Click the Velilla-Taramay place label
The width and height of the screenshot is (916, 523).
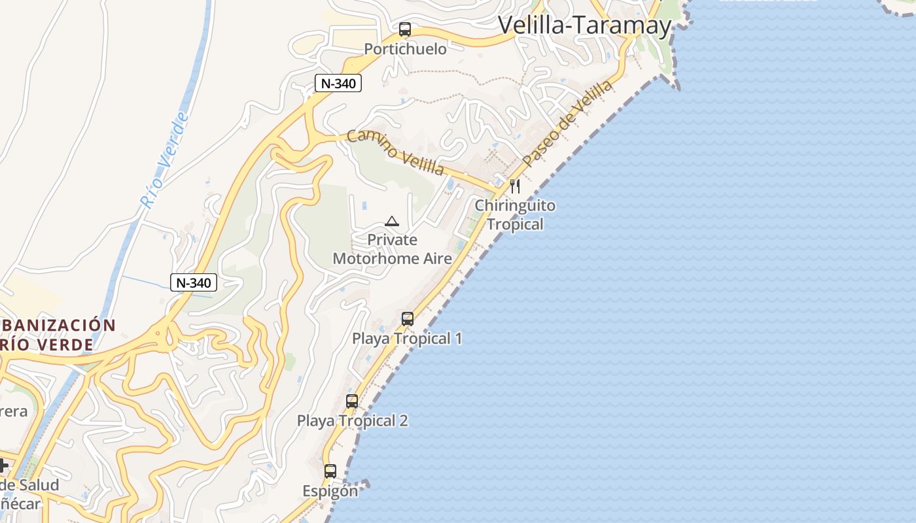[x=585, y=25]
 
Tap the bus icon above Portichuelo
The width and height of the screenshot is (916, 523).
[x=405, y=29]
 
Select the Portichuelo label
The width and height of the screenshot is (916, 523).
[x=405, y=49]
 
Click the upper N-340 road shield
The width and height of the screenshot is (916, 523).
[x=338, y=83]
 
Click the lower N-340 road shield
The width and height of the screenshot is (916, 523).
[x=193, y=282]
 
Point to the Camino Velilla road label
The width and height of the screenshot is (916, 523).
[x=395, y=152]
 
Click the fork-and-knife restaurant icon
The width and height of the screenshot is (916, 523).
[x=516, y=186]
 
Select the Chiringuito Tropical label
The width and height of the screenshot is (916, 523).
[x=515, y=214]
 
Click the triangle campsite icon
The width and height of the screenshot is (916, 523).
[x=392, y=221]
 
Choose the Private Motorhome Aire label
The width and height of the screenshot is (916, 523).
[x=392, y=249]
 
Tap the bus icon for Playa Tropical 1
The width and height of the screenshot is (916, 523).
[x=408, y=319]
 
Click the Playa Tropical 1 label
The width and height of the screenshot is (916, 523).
[x=407, y=339]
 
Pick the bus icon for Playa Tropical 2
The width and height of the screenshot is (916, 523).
[x=352, y=401]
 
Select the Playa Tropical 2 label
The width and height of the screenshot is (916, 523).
[x=352, y=420]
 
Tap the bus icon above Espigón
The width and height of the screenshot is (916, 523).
[x=330, y=471]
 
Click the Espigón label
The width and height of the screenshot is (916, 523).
[x=330, y=490]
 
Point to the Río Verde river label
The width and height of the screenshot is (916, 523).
[x=164, y=161]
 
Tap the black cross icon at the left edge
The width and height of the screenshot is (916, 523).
[x=3, y=465]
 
